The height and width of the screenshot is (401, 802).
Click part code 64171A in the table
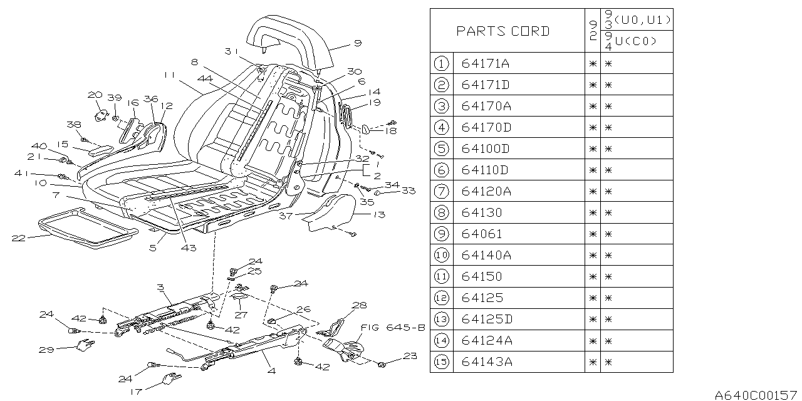click(486, 63)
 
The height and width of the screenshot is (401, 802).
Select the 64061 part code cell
click(482, 234)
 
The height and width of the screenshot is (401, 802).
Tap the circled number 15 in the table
click(442, 362)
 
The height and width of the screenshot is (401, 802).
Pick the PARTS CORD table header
click(503, 31)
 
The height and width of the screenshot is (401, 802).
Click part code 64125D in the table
click(486, 320)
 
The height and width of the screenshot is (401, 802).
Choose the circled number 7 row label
click(442, 191)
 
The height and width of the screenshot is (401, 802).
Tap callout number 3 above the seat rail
click(160, 288)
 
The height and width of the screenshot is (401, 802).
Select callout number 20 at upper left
click(95, 95)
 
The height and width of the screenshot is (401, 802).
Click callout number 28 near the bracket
click(359, 305)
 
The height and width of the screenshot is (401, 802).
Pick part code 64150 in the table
click(482, 276)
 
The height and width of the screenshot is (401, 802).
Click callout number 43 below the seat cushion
click(189, 248)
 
